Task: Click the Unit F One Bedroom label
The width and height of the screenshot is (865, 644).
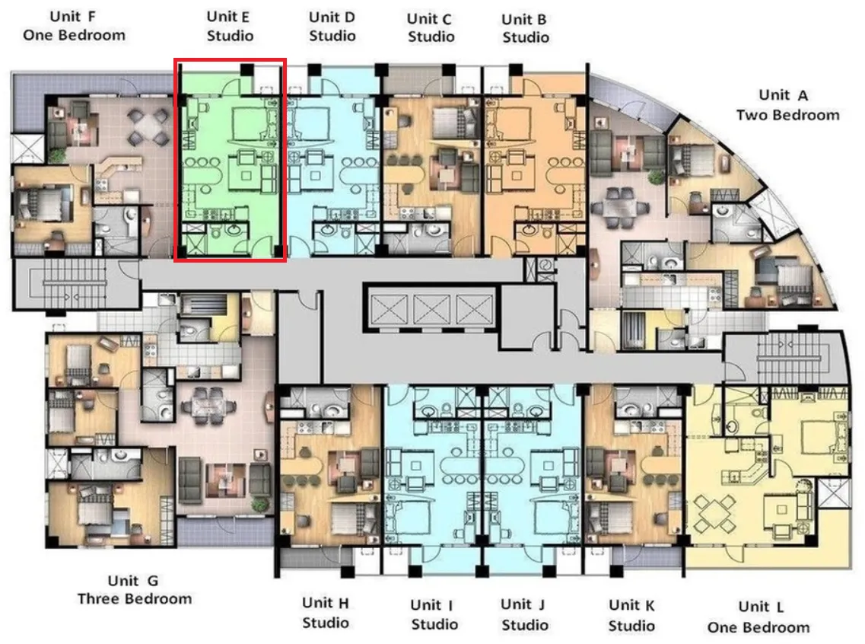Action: point(74,26)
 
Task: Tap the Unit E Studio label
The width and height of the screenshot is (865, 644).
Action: point(230,26)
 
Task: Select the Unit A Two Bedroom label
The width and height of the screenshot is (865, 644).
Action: point(787,105)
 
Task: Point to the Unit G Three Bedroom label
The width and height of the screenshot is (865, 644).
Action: point(135,589)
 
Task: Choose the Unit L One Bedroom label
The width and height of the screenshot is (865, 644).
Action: point(758,617)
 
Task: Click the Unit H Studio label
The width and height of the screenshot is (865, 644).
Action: point(326,613)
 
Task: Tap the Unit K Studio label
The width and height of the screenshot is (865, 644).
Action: point(631,615)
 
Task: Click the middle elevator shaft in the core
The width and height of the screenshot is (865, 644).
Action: point(431,308)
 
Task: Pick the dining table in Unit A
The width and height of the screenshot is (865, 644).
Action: point(620,208)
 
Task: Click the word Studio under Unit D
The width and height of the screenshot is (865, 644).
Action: point(332,36)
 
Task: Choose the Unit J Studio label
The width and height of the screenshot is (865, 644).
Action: point(524,614)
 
